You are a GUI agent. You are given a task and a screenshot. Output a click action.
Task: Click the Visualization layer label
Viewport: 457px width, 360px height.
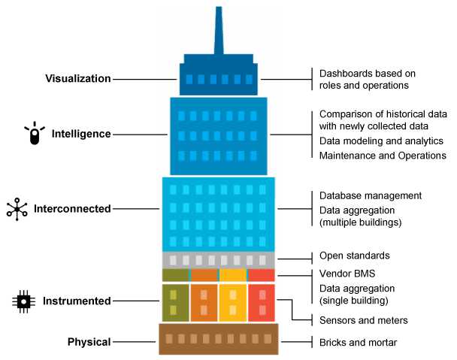(x=78, y=79)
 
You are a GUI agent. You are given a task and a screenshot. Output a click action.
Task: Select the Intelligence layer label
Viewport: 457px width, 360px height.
(x=81, y=134)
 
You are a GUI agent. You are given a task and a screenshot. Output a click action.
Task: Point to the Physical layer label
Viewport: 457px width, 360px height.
(x=88, y=342)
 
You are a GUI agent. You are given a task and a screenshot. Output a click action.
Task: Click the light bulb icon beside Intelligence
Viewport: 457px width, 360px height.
(x=34, y=133)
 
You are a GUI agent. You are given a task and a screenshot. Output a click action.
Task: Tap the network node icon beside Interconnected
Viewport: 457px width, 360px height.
(x=17, y=208)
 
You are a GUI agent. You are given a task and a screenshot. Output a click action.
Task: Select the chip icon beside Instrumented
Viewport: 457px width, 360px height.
(x=24, y=301)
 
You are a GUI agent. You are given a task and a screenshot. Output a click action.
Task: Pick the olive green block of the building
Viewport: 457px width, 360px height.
(x=174, y=301)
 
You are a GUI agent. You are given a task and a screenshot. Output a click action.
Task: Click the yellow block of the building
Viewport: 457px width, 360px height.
(x=232, y=301)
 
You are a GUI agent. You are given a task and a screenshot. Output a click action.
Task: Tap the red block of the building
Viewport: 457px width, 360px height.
(x=262, y=301)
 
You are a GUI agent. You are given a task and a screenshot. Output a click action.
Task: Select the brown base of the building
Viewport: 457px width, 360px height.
(x=218, y=339)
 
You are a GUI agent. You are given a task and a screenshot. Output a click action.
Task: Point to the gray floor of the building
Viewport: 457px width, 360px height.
(x=218, y=260)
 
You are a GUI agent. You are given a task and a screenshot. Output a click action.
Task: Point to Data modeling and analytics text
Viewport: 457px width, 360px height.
(x=381, y=141)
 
